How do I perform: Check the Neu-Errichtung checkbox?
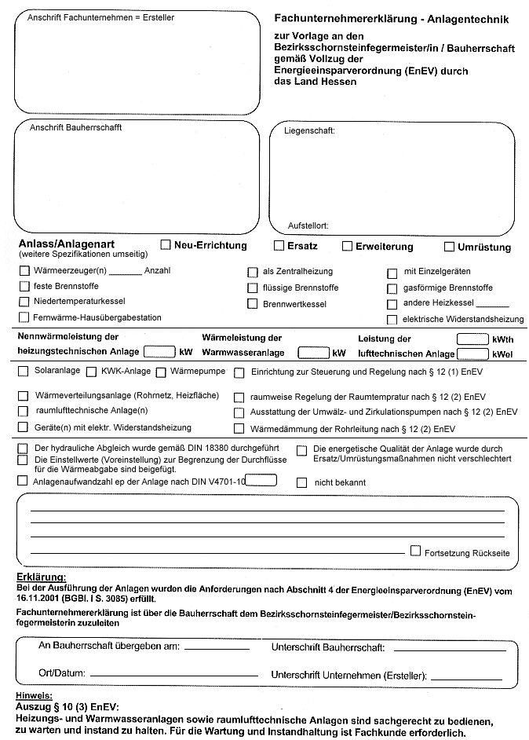coord(166,245)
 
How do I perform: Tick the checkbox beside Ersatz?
coord(279,245)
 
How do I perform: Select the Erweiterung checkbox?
coord(348,246)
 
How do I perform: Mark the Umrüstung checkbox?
coord(449,247)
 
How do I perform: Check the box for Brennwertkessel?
coord(253,303)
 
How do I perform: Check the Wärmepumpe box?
coord(161,372)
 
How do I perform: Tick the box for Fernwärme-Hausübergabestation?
coord(24,317)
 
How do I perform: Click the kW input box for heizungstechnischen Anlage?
coord(159,351)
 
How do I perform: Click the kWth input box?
coord(472,339)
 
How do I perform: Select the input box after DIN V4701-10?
coord(261,479)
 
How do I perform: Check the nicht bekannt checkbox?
coord(301,482)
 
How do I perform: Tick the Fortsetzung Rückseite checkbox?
coord(415,551)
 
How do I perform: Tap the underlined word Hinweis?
coord(34,696)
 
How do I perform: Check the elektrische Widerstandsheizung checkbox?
coord(392,319)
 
